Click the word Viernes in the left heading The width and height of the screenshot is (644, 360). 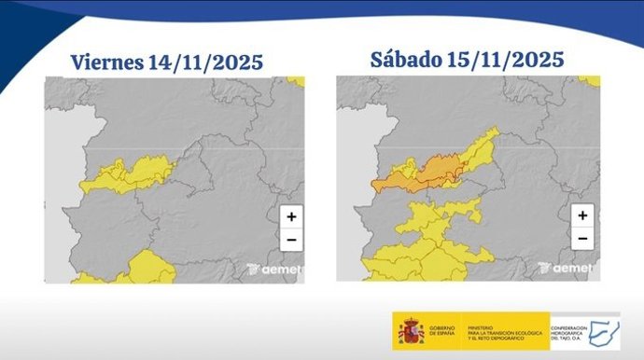(106, 63)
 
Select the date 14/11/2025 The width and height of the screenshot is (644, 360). (204, 63)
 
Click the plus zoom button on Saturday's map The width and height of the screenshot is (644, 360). (581, 215)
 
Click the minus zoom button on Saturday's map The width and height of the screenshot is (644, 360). (581, 239)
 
